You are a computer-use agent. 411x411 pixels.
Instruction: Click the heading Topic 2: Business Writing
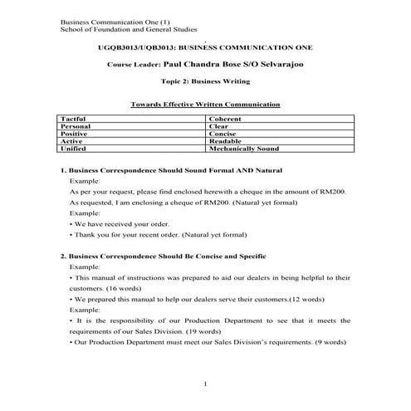click(x=205, y=82)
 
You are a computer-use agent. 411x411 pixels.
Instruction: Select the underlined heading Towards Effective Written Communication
click(x=205, y=105)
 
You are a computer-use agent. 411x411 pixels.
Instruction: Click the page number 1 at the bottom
click(x=205, y=383)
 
